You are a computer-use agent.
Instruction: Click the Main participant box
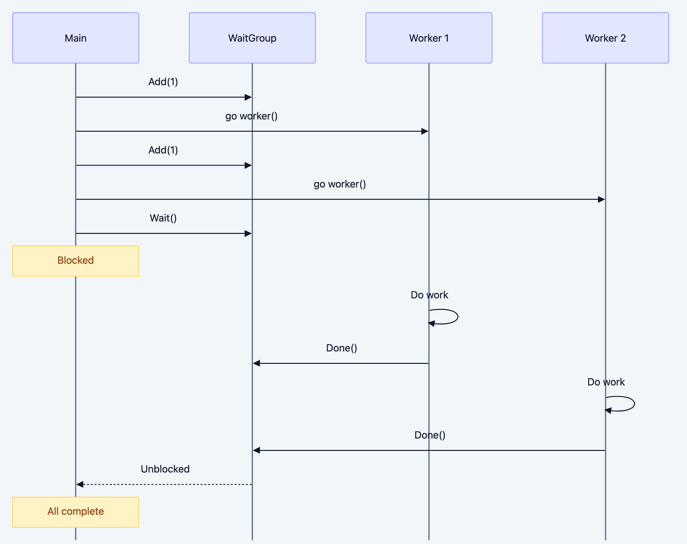pyautogui.click(x=76, y=38)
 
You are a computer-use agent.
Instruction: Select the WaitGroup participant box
pyautogui.click(x=252, y=38)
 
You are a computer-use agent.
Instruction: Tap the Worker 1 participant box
pyautogui.click(x=429, y=38)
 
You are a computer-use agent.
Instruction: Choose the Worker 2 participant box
pyautogui.click(x=605, y=38)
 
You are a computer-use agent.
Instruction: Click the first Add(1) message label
pyautogui.click(x=163, y=82)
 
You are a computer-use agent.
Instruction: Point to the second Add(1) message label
pyautogui.click(x=163, y=150)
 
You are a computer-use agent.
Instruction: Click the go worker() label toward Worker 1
pyautogui.click(x=251, y=116)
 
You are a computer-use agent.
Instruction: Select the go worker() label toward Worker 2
pyautogui.click(x=339, y=184)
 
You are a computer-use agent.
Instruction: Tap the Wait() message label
pyautogui.click(x=163, y=218)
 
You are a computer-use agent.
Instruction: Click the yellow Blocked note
pyautogui.click(x=76, y=261)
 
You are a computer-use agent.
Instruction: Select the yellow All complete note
pyautogui.click(x=76, y=512)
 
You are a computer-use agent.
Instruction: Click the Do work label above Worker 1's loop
pyautogui.click(x=429, y=295)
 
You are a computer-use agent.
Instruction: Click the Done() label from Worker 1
pyautogui.click(x=341, y=348)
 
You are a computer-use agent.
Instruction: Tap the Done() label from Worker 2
pyautogui.click(x=430, y=435)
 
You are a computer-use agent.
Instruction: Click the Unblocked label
pyautogui.click(x=165, y=469)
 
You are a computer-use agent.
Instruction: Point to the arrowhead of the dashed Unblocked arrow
pyautogui.click(x=80, y=485)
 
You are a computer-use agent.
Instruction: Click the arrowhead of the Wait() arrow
pyautogui.click(x=248, y=234)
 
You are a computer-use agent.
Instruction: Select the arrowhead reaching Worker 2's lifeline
pyautogui.click(x=601, y=199)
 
